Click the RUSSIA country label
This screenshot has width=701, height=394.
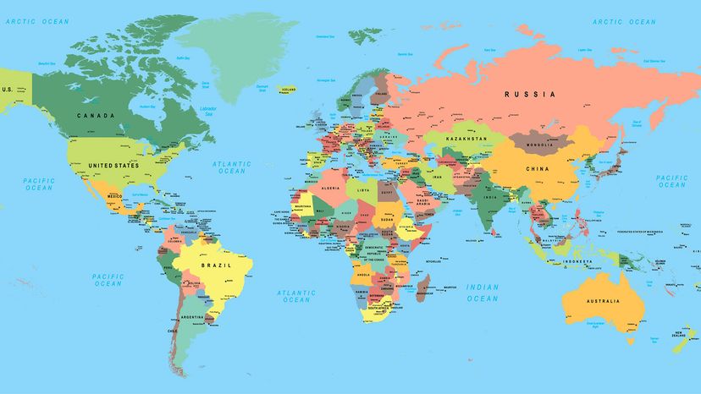530,95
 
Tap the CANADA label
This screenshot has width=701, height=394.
95,115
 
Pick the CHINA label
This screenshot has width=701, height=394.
538,168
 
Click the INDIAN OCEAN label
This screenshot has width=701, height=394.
483,293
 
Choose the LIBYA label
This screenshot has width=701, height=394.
363,190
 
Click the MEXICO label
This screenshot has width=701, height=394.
114,196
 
